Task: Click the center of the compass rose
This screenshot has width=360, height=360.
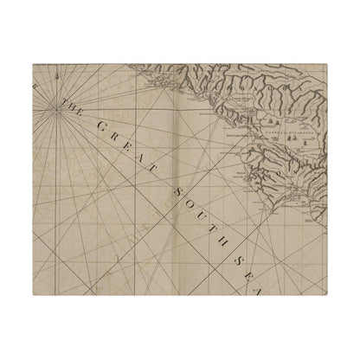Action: [55, 106]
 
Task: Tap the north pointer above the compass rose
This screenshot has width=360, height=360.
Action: [55, 77]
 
